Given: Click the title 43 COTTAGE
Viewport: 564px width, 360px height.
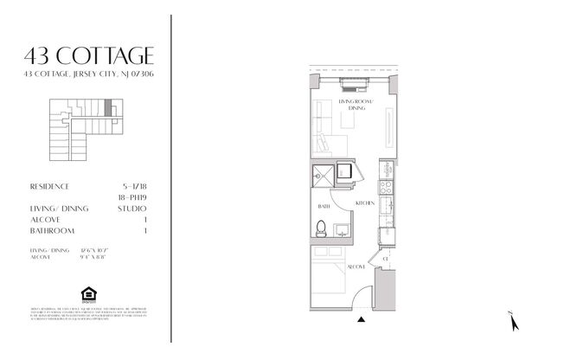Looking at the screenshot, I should tap(90, 57).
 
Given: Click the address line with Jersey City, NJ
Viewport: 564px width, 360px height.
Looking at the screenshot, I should tap(90, 75).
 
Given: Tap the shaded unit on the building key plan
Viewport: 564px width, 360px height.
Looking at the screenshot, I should tap(107, 109).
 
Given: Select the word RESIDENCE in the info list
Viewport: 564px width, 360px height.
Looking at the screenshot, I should tap(49, 186).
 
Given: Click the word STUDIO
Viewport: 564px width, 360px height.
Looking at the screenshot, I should tap(133, 209).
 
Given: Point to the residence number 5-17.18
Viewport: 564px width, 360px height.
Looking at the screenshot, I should tap(135, 186).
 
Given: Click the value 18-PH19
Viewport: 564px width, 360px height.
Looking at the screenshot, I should tap(133, 197).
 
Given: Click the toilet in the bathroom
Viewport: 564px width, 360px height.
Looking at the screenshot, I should tap(320, 229).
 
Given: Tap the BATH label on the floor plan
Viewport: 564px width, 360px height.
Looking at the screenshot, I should tap(324, 207).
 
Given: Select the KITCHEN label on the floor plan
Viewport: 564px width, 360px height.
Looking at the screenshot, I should tap(364, 202).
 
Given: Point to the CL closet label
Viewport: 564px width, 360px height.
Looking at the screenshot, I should tap(385, 259).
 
